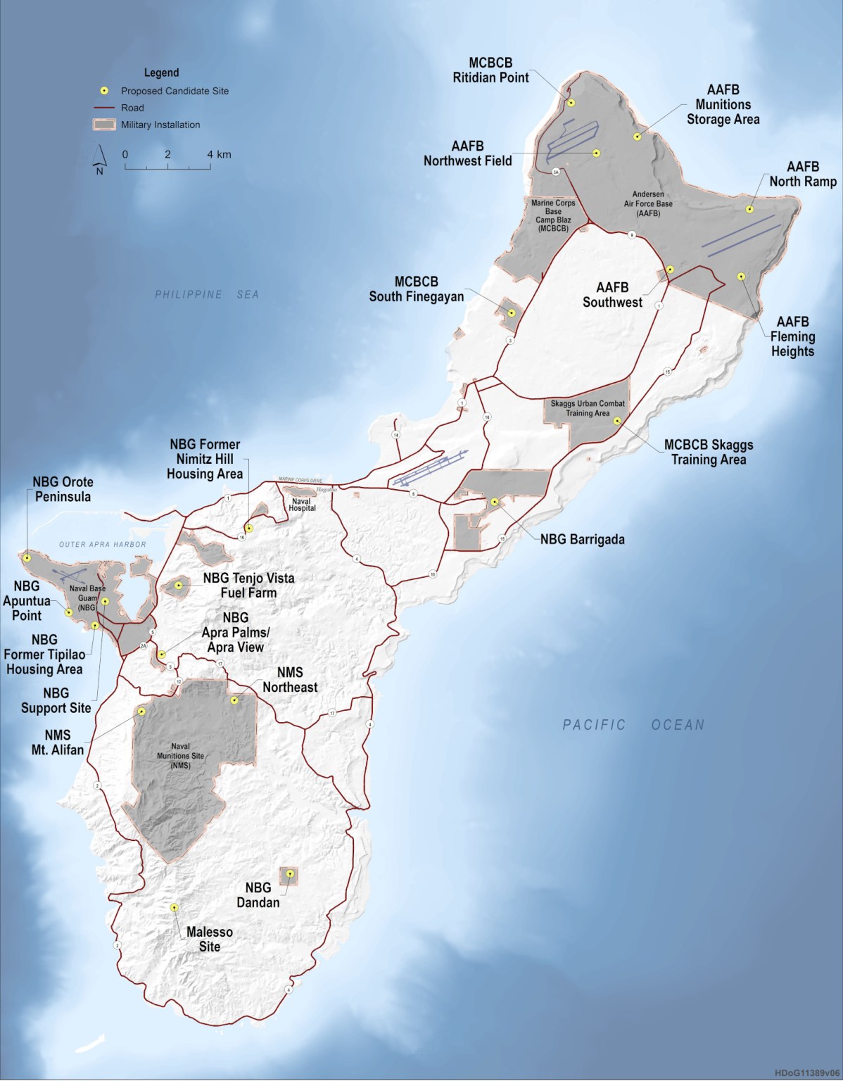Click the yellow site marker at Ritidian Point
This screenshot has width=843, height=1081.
click(571, 103)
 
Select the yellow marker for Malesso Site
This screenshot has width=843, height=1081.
click(174, 907)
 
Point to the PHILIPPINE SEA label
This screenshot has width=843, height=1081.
click(207, 294)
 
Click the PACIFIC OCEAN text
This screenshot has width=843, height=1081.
click(633, 724)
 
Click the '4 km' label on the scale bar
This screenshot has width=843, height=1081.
click(219, 154)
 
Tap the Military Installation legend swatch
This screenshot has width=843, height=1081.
click(103, 125)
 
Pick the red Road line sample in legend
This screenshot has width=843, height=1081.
click(103, 108)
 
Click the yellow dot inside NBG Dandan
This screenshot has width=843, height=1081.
click(289, 874)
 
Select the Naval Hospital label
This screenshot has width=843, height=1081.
click(302, 504)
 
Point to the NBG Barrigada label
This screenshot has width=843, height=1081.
click(582, 540)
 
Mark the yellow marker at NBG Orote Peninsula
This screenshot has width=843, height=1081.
click(27, 557)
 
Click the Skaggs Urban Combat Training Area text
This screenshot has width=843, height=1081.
click(588, 408)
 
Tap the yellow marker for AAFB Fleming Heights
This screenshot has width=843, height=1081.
click(740, 277)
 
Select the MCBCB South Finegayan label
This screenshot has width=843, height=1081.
click(417, 289)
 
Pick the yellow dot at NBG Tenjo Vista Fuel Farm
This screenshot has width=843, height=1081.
click(179, 585)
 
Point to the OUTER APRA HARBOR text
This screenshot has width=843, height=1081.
click(103, 544)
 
